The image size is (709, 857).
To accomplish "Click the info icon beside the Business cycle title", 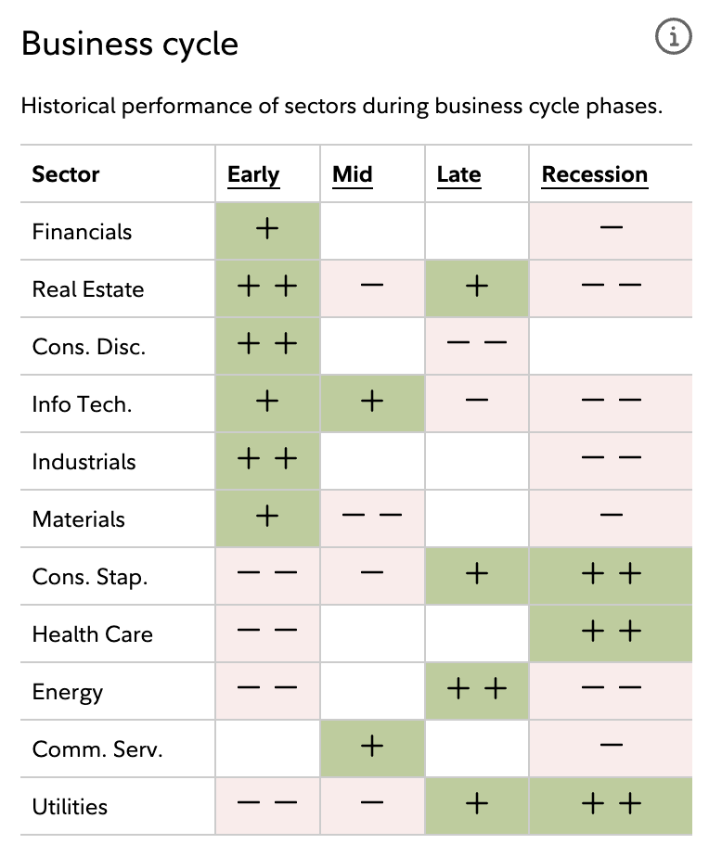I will [x=674, y=37].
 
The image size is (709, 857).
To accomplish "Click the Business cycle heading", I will [x=130, y=44].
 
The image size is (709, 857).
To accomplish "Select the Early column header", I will [x=253, y=174].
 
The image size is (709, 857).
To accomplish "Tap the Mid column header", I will [x=353, y=174].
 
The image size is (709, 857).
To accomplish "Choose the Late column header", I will [x=458, y=174].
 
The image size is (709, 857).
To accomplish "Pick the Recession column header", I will [x=595, y=174].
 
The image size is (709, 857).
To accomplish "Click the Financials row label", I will [x=82, y=232].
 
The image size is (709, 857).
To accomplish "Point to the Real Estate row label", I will [x=88, y=289].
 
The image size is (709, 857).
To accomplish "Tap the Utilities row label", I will [x=70, y=807].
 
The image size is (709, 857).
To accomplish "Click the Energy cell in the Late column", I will [x=477, y=691].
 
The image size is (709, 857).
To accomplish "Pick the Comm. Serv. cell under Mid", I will [x=372, y=748].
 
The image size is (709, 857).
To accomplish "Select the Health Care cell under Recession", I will [x=611, y=633].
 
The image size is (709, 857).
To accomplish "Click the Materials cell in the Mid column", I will [x=372, y=518].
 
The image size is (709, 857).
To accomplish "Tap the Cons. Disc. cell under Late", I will [x=477, y=346].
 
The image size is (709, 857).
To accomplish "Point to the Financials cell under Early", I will [x=267, y=231].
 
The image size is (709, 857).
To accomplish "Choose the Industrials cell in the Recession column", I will [x=611, y=461].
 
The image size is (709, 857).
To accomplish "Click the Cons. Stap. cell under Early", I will [x=267, y=576].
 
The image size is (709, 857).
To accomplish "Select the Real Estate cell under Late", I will [x=477, y=288].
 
